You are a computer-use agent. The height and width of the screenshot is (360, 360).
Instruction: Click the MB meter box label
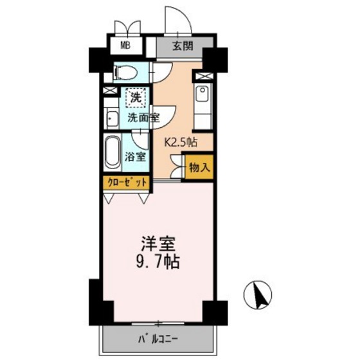pyautogui.click(x=129, y=46)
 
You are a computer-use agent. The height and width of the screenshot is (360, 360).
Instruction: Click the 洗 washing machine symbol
pyautogui.click(x=135, y=98)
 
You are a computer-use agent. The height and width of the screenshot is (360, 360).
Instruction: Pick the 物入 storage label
pyautogui.click(x=198, y=167)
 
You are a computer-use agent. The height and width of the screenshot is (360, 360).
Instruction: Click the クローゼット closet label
pyautogui.click(x=126, y=183)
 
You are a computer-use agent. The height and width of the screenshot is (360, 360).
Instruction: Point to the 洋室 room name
pyautogui.click(x=158, y=244)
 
